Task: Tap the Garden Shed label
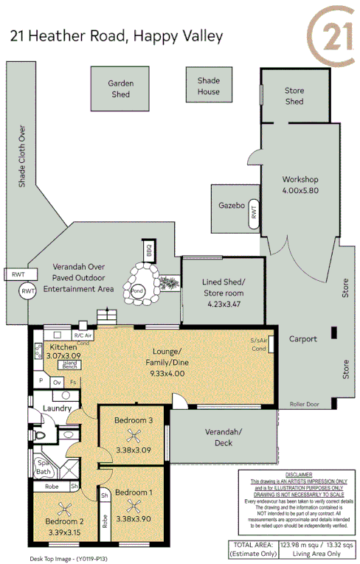click(x=120, y=88)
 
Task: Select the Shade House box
click(x=208, y=86)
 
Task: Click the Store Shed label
click(x=294, y=96)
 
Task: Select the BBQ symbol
click(x=148, y=249)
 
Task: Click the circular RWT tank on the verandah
click(x=29, y=292)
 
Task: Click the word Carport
click(x=303, y=339)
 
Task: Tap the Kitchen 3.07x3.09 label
click(x=64, y=351)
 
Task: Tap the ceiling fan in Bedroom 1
click(x=134, y=506)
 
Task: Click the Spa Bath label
click(x=44, y=467)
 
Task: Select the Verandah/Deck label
click(x=224, y=438)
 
